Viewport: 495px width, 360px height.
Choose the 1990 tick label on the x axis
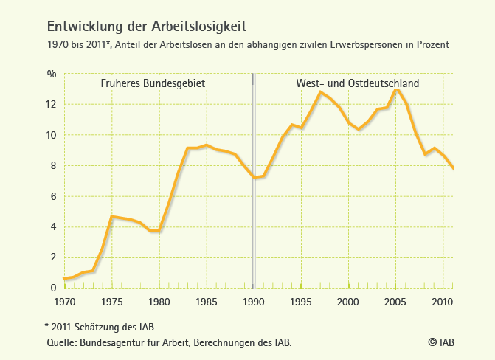coord(253,302)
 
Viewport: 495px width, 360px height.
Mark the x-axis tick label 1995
coord(300,302)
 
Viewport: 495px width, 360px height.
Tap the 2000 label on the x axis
coord(347,302)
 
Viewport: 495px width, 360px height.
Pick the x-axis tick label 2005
coord(395,302)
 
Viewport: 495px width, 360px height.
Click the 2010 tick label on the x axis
coord(443,302)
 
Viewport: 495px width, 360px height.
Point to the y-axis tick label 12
coord(52,104)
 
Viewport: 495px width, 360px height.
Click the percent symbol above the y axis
coord(52,74)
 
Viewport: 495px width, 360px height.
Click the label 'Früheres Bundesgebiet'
coord(153,83)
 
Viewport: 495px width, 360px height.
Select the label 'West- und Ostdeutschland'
coord(358,83)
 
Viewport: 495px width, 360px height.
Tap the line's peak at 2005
coord(397,90)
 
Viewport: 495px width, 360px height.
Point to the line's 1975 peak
coord(111,216)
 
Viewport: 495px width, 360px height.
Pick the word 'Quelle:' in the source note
coord(61,342)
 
